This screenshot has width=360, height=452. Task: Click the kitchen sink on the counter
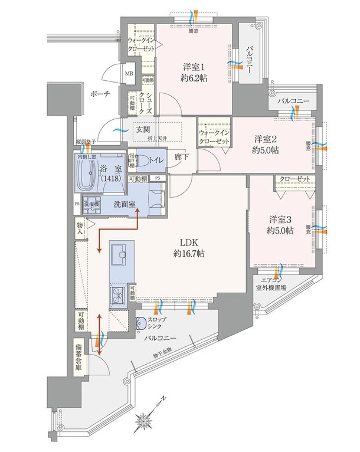[121, 254]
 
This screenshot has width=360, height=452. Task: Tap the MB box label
[129, 74]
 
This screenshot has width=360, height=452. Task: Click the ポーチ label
[100, 94]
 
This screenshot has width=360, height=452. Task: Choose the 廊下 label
[181, 159]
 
